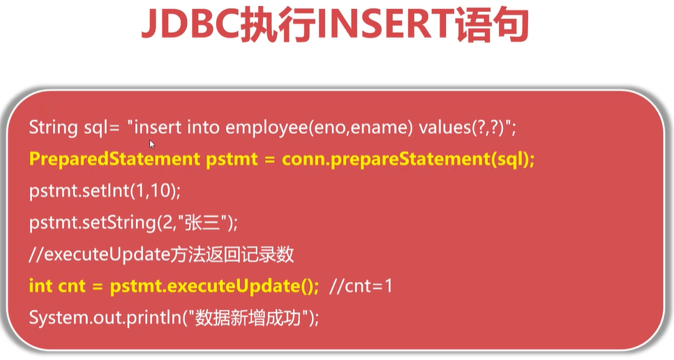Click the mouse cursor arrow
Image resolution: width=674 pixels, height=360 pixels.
pos(151,144)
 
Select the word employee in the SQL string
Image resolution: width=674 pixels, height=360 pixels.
pos(267,128)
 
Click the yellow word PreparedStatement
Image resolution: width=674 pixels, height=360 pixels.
pos(114,159)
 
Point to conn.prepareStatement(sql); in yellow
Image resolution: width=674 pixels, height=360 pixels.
pos(408,159)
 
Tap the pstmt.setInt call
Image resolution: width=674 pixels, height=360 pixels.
pos(105,190)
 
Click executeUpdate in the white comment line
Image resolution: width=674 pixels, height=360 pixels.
pos(107,255)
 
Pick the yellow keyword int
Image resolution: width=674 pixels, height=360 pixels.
pos(40,285)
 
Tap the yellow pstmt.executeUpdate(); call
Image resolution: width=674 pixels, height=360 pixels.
pos(214,286)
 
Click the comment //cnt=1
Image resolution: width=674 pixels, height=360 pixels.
pos(361,286)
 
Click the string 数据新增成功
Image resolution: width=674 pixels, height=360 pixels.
pos(248,318)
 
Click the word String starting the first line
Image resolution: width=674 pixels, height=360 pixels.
pos(53,128)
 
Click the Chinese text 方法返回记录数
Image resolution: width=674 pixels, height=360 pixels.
pos(232,255)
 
